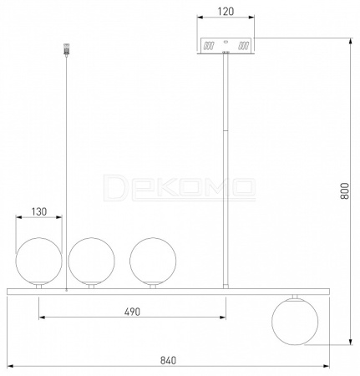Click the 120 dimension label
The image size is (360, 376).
coord(226,12)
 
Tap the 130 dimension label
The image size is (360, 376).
coord(39,211)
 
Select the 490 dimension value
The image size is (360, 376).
coord(132,312)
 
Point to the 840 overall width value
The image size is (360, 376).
coord(168,360)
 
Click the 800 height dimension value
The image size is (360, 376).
coord(344,191)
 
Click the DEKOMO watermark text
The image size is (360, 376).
coord(180,187)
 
